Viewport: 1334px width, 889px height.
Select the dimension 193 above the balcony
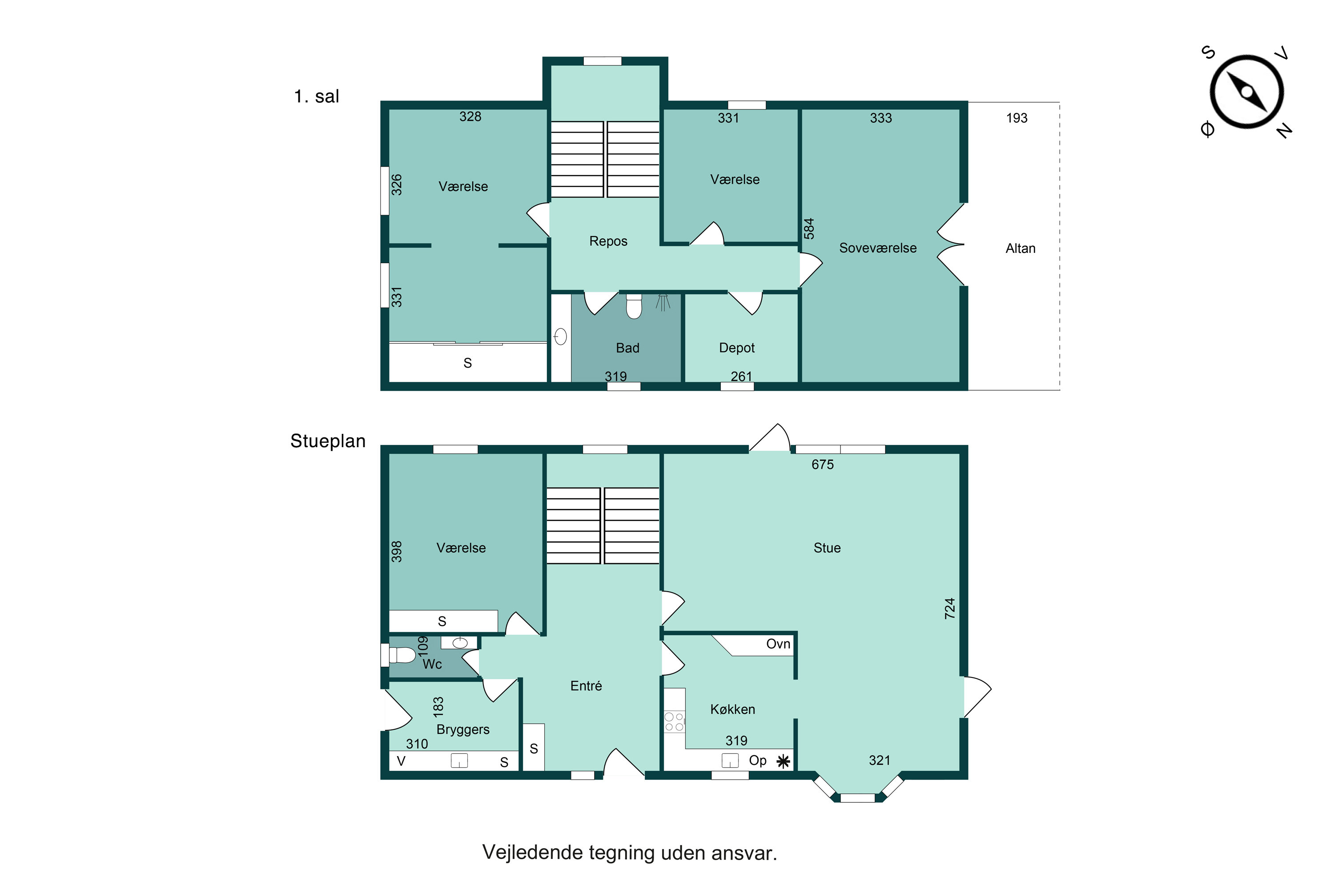[x=1017, y=118]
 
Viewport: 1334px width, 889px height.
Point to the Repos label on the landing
[x=608, y=241]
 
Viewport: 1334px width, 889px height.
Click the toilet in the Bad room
[x=634, y=307]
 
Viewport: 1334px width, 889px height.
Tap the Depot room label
[x=736, y=348]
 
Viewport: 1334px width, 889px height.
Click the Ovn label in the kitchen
[x=778, y=644]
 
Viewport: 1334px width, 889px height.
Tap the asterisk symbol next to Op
[x=783, y=761]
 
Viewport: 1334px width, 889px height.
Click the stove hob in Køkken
[x=674, y=722]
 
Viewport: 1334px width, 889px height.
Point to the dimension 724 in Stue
[x=949, y=609]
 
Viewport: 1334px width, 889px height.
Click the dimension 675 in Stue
[x=822, y=465]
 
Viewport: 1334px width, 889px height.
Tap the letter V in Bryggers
[x=401, y=761]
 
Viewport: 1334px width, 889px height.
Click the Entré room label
[x=586, y=686]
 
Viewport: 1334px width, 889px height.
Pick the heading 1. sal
[x=316, y=96]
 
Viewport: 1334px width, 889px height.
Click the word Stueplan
[x=327, y=440]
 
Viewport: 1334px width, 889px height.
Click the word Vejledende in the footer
[x=531, y=852]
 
